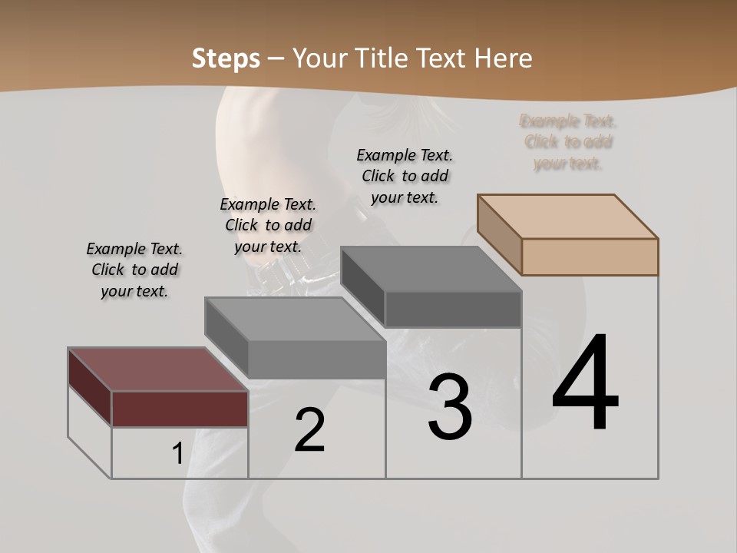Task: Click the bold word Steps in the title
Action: tap(226, 58)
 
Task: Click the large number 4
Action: tap(585, 384)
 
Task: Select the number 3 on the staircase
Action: tap(450, 407)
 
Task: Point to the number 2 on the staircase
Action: tap(310, 430)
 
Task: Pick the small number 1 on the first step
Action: tap(177, 453)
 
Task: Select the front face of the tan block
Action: tap(590, 257)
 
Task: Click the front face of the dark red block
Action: tap(180, 409)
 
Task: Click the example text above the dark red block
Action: tap(134, 270)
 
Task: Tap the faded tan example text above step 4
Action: tap(568, 142)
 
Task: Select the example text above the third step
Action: tap(405, 176)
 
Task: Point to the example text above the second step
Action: tap(268, 225)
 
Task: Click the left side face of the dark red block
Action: tap(90, 386)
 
